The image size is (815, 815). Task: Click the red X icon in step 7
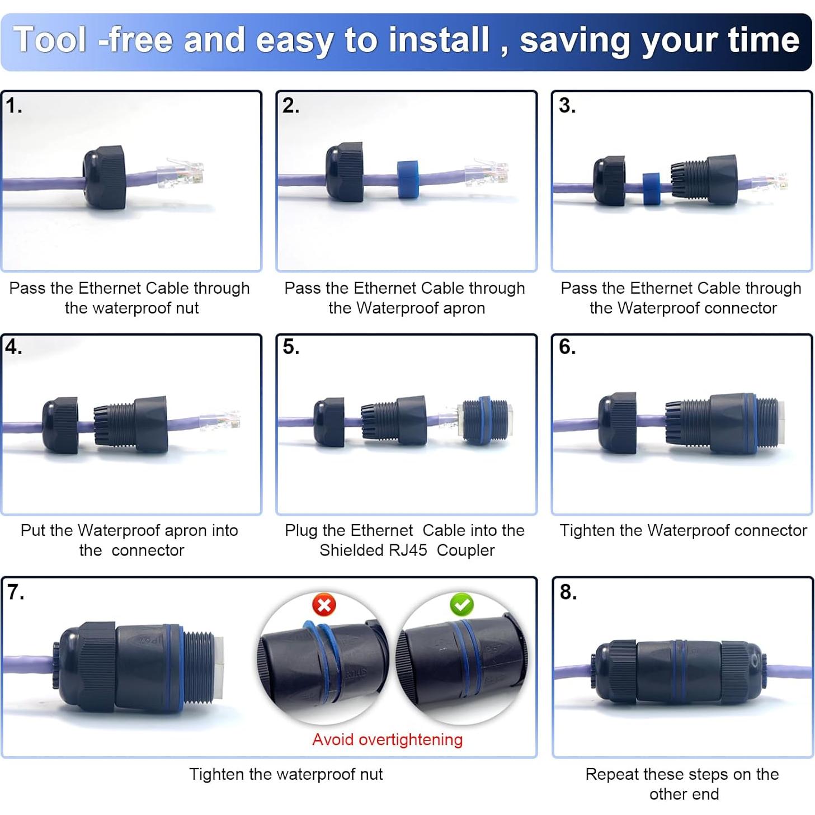pos(324,605)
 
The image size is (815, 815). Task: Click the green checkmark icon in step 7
pos(461,604)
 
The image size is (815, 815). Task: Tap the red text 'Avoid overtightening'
pos(387,739)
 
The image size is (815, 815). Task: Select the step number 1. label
pos(14,105)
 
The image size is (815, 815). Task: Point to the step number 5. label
pos(291,347)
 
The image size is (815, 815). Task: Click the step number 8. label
pos(568,592)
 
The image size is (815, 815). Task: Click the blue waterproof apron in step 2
pos(408,180)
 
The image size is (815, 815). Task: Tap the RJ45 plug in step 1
pos(181,174)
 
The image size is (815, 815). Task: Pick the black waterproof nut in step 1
pos(104,177)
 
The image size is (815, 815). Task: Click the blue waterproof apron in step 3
pos(651,189)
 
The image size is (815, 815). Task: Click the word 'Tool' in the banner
pos(50,40)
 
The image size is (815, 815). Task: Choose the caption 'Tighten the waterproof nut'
pos(286,774)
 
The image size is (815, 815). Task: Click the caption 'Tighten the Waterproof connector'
pos(683,530)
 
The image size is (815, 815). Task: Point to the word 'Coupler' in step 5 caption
pos(465,550)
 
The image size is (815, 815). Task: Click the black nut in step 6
pos(617,423)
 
